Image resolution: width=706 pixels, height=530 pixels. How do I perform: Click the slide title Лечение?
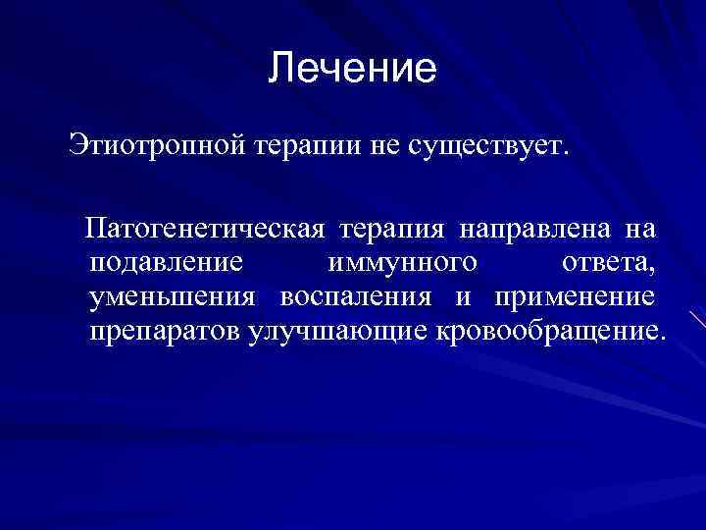coord(352,69)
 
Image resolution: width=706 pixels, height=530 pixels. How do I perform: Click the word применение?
coord(574,297)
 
